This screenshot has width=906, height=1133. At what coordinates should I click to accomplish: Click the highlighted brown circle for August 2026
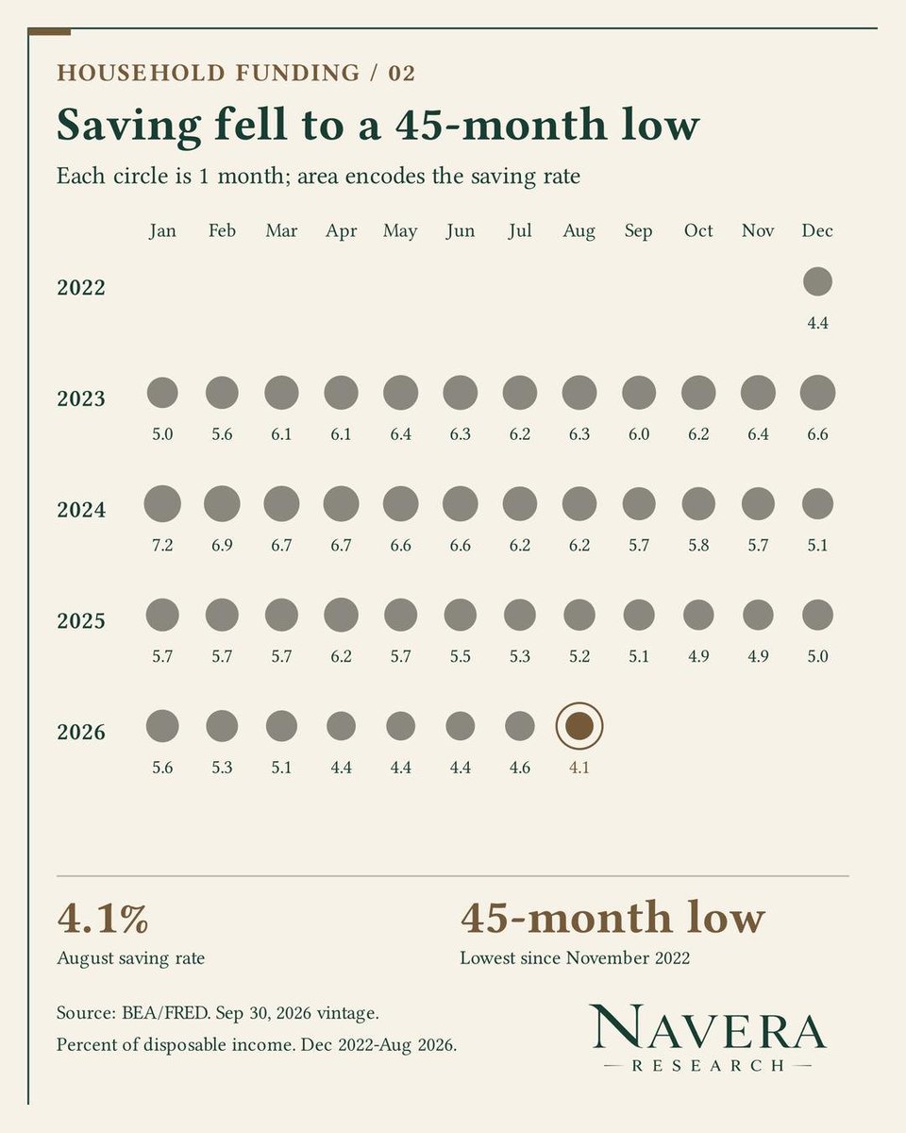579,725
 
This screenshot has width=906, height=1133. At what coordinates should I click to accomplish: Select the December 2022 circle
817,281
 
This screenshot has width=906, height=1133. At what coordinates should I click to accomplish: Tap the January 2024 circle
162,504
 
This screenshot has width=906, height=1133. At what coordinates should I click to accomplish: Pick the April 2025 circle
341,615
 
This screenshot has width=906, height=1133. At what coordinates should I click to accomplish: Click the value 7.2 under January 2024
162,545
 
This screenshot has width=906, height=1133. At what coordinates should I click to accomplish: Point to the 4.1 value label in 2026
579,767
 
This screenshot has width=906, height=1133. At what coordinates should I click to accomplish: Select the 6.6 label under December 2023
817,434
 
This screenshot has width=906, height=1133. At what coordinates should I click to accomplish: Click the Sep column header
639,230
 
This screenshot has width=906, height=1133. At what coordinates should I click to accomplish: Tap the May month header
400,231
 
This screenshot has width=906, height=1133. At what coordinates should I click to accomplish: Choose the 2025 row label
81,620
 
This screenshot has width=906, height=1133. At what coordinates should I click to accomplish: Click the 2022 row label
81,287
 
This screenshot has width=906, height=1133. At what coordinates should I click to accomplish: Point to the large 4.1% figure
103,919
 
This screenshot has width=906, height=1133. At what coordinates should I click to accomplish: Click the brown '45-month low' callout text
612,918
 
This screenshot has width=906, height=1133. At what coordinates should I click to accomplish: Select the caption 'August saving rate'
130,958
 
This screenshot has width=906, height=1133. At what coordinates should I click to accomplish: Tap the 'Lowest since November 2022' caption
575,957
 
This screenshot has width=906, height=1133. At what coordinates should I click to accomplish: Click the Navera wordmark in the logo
708,1026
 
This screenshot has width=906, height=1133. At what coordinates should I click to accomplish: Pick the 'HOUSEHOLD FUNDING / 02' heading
236,73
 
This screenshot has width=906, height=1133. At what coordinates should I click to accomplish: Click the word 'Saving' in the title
128,126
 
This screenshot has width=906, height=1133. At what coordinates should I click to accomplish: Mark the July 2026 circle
520,725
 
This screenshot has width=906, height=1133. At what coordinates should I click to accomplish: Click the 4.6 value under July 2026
520,767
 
